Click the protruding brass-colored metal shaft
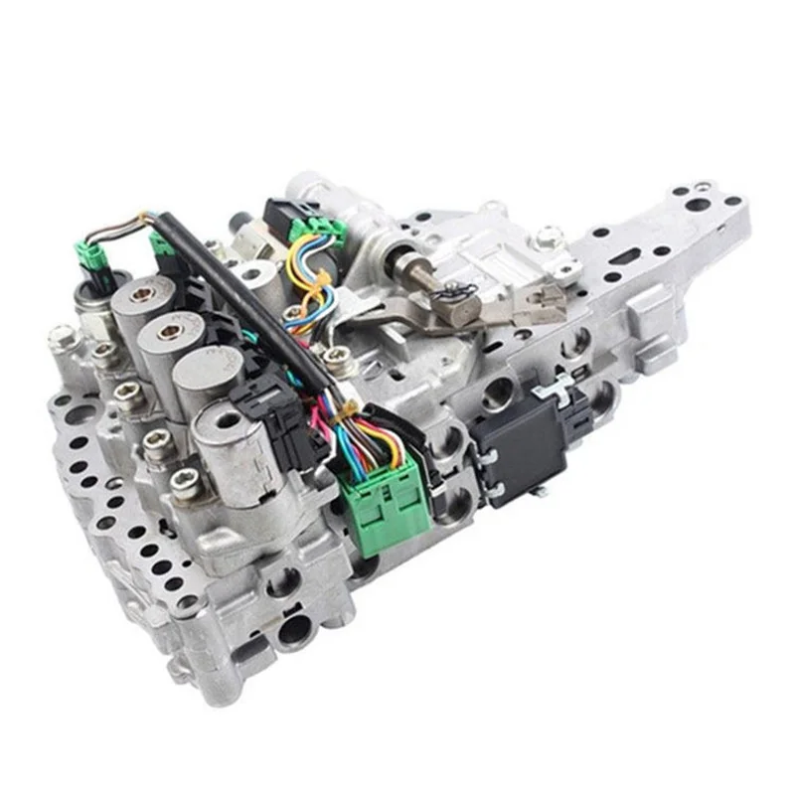point(408,267)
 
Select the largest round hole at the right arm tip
point(698,205)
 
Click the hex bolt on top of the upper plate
point(546,237)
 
